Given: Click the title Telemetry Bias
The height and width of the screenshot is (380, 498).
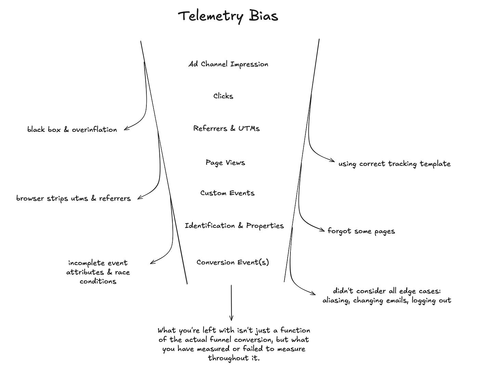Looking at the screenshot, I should [228, 16].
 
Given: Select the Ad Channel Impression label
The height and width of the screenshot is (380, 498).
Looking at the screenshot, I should [228, 64].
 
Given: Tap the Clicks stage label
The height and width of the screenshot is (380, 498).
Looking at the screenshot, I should [223, 96].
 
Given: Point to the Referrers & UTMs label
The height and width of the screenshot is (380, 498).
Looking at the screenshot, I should [226, 128].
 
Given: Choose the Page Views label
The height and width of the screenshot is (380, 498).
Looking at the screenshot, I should [225, 163].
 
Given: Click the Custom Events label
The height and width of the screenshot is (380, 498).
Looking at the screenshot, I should [227, 193].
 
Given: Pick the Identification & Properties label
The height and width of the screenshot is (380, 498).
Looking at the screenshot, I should [234, 226].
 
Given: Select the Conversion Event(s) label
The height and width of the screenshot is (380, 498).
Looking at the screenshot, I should [233, 262].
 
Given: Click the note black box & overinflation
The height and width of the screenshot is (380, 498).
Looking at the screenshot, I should [72, 129].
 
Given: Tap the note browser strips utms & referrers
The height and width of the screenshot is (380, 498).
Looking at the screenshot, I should [74, 199].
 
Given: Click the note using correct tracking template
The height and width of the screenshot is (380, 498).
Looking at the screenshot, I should [394, 164].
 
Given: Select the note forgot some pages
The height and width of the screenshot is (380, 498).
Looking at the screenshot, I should [361, 231].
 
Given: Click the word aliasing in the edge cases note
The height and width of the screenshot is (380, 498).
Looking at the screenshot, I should [336, 301].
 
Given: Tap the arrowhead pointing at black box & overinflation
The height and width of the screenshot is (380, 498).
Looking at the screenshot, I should [126, 128].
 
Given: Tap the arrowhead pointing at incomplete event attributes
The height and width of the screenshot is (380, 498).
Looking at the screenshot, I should [152, 263].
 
